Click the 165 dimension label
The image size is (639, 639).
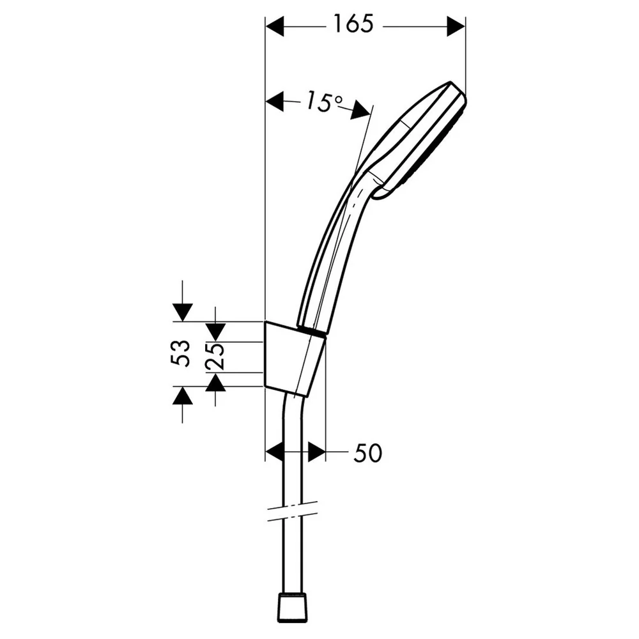pyautogui.click(x=353, y=24)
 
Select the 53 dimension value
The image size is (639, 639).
pyautogui.click(x=180, y=353)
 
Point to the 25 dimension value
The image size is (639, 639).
pyautogui.click(x=214, y=356)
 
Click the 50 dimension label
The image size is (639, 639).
pyautogui.click(x=367, y=453)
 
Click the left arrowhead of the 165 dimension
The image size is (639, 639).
pyautogui.click(x=275, y=27)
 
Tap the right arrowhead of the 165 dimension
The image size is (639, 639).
pyautogui.click(x=456, y=27)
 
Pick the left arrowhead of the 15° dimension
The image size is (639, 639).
pyautogui.click(x=275, y=101)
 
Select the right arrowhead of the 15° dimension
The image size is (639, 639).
pyautogui.click(x=360, y=110)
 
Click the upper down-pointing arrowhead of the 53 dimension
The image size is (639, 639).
pyautogui.click(x=182, y=312)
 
